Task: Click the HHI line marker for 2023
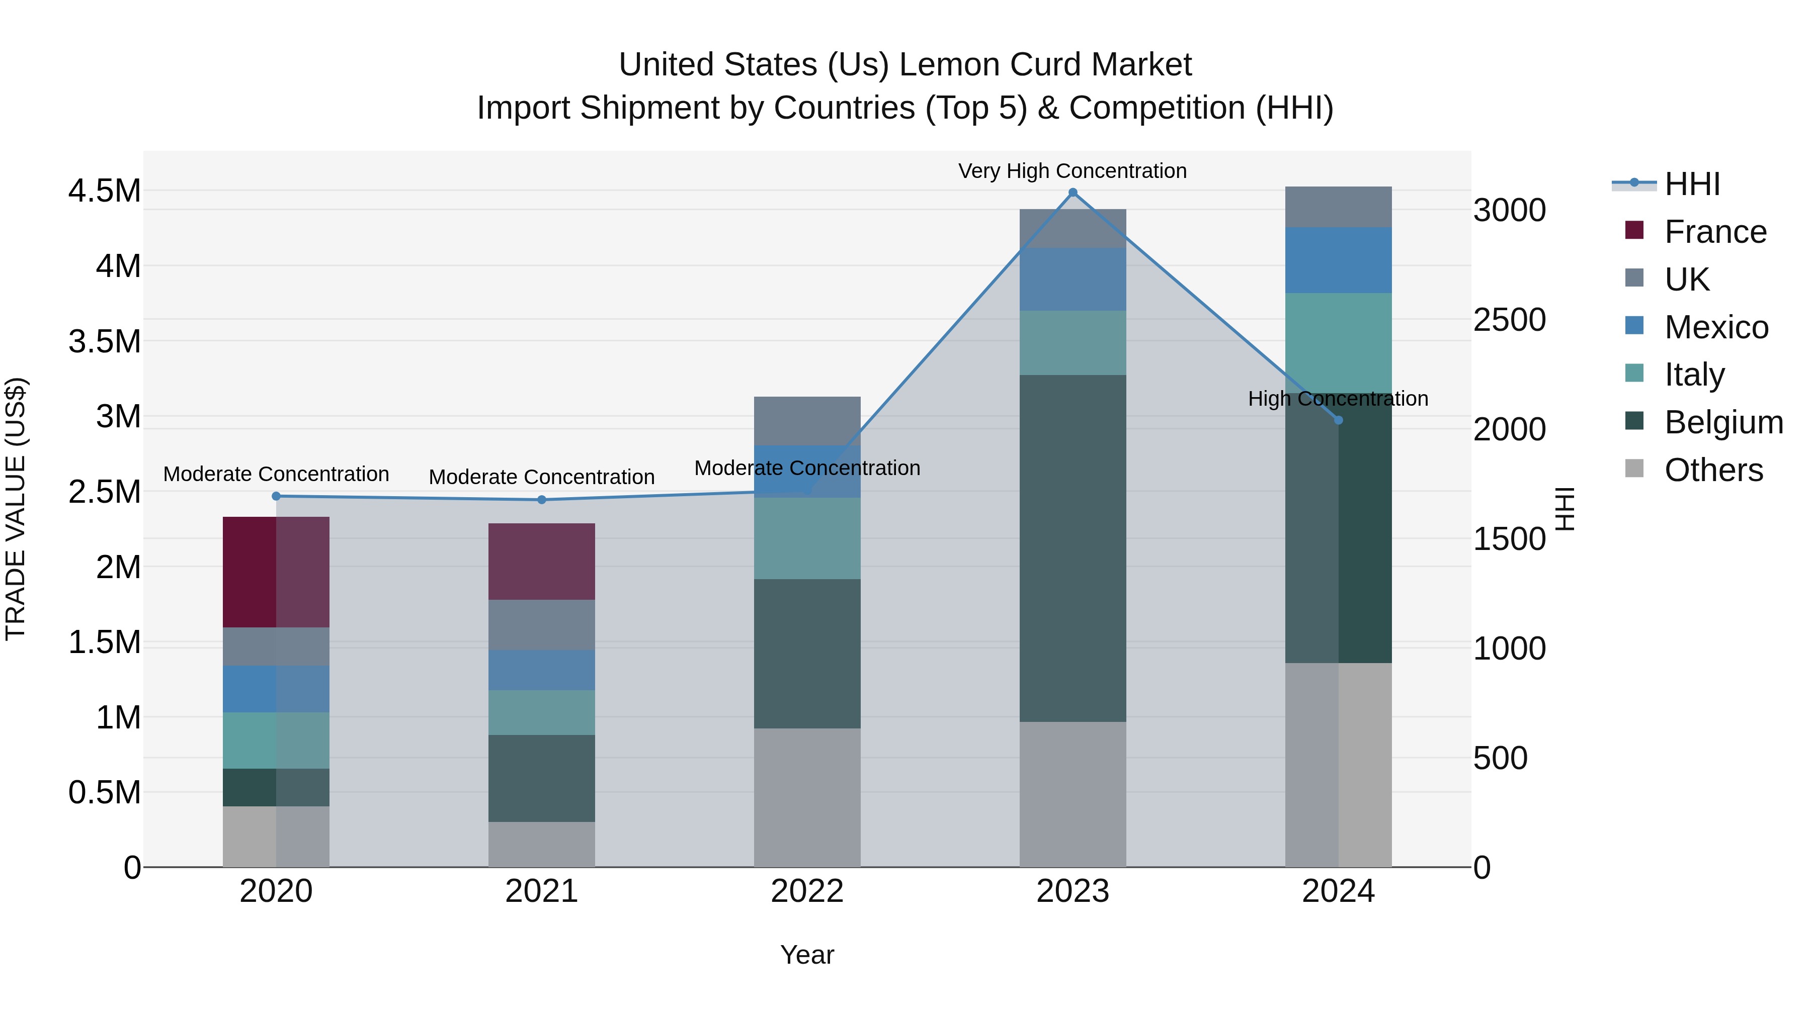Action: (x=1073, y=193)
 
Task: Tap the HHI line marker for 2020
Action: (x=276, y=496)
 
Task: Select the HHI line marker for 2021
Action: (x=541, y=500)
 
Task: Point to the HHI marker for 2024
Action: (x=1339, y=420)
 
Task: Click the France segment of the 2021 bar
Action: (x=541, y=562)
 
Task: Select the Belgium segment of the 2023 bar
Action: (x=1073, y=548)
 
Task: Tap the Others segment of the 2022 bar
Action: (x=807, y=797)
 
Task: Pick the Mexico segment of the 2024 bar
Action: (x=1339, y=260)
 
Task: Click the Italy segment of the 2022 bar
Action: (x=807, y=538)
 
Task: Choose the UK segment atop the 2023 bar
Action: (x=1073, y=228)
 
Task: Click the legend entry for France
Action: (x=1715, y=232)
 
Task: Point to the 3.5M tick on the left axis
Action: (x=104, y=341)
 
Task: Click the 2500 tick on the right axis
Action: (x=1509, y=320)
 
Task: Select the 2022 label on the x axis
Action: (x=807, y=891)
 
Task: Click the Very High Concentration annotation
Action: (x=1073, y=171)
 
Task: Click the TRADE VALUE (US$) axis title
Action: (x=16, y=509)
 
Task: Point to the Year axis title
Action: (x=807, y=955)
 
